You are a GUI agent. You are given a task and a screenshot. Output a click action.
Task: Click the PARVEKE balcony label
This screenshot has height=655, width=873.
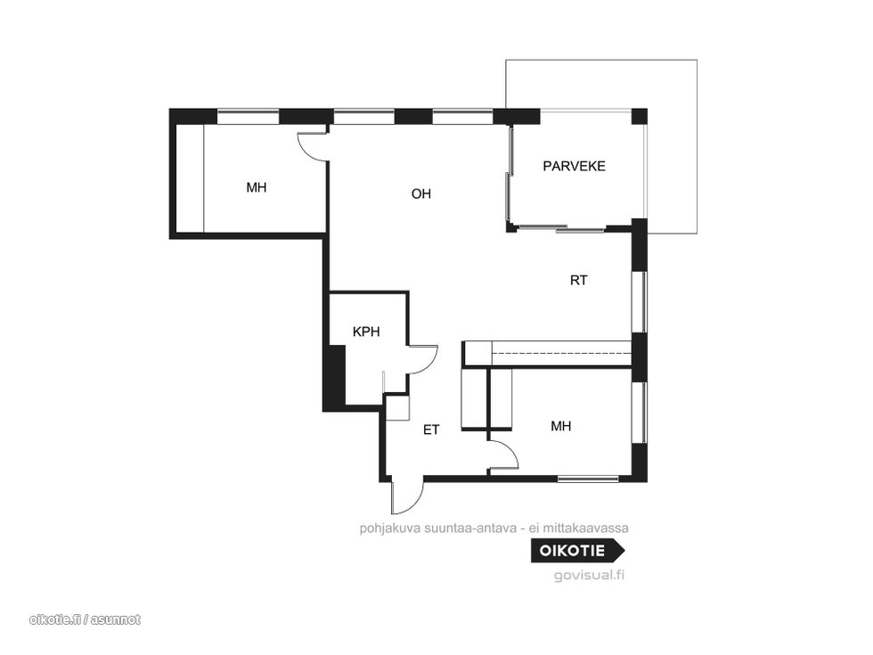click(x=574, y=166)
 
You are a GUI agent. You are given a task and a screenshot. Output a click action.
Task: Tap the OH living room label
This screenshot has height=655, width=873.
click(x=420, y=194)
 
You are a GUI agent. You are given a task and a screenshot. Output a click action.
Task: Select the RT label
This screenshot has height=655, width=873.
click(x=578, y=280)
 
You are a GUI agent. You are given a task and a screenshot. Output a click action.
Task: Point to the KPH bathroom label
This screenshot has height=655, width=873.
click(x=366, y=332)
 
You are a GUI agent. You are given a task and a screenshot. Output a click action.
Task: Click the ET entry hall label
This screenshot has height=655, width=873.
click(x=431, y=430)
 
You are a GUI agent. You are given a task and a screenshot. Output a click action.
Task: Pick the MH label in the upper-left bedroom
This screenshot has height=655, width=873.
click(x=257, y=188)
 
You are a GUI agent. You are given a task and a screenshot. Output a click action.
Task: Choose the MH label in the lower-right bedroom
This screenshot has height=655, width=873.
click(x=560, y=427)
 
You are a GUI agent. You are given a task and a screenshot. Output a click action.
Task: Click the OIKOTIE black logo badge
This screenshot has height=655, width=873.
click(x=577, y=551)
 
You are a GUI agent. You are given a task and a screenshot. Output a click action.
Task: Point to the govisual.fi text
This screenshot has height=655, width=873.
click(x=589, y=576)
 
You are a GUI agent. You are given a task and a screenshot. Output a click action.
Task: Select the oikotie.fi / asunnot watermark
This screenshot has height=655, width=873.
click(x=85, y=619)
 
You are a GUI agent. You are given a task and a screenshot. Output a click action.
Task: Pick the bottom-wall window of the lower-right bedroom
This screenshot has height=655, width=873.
click(x=589, y=479)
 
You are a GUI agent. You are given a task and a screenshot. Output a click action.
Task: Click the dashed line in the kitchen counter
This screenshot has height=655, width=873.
click(x=561, y=353)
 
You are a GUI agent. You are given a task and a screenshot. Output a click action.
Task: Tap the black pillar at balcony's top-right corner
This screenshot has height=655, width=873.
click(x=640, y=117)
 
